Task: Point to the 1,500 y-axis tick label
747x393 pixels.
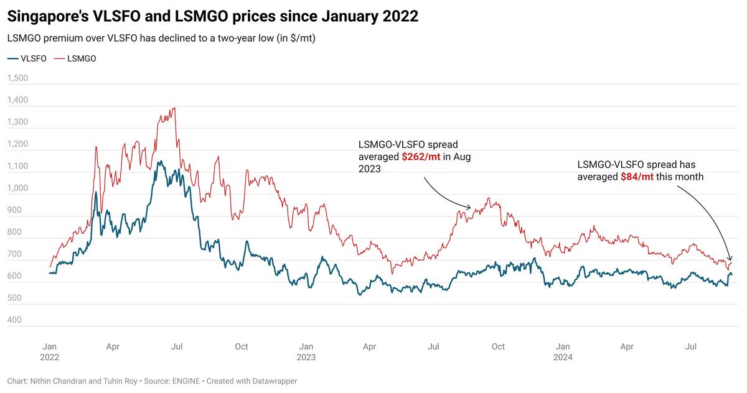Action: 18,78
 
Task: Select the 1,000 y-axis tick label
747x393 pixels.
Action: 18,188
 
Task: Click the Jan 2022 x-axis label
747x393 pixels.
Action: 49,352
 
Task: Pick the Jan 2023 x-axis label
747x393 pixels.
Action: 306,352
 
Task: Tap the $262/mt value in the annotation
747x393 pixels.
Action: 421,157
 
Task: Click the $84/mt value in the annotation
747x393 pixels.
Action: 637,177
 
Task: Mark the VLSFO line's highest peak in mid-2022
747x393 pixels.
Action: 160,162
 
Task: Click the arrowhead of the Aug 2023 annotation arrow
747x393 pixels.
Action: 471,207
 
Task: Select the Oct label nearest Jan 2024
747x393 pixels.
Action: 498,346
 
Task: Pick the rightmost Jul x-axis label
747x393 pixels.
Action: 690,346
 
